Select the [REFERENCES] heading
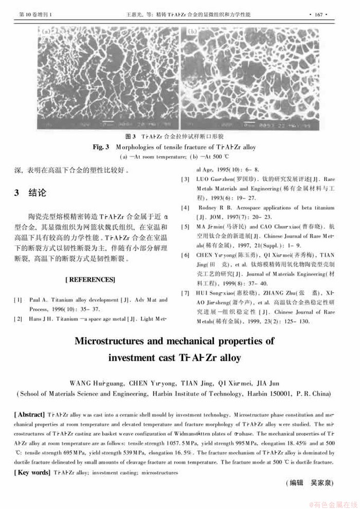[x=90, y=279]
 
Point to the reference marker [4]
[x=186, y=208]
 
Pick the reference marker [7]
[x=186, y=293]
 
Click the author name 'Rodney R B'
[x=215, y=208]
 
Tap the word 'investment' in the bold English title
[x=135, y=357]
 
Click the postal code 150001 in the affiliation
[x=283, y=393]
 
